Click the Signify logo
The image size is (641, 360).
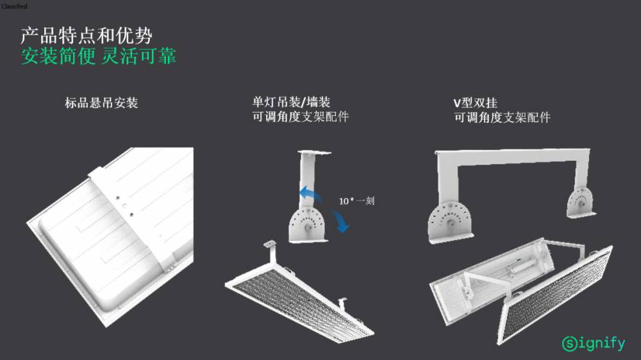point(594,343)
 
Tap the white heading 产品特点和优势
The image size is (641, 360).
point(87,36)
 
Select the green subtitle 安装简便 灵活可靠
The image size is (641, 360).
point(99,56)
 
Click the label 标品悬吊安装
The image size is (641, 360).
point(101,102)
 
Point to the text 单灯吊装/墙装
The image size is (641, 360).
point(291,102)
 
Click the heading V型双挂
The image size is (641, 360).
point(475,102)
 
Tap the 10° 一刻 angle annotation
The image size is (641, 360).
point(356,200)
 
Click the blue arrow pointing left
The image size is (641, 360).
point(310,193)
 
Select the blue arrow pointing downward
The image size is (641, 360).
point(340,221)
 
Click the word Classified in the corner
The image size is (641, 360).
point(14,6)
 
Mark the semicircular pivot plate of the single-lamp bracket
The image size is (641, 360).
point(308,225)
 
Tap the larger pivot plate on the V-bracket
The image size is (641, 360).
point(451,221)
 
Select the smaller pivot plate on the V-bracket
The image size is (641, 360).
point(581,202)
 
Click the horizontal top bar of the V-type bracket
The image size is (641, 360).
point(513,157)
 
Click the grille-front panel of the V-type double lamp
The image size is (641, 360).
point(556,294)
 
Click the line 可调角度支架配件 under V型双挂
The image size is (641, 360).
point(502,118)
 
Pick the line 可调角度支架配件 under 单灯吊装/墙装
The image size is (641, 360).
point(301,117)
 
